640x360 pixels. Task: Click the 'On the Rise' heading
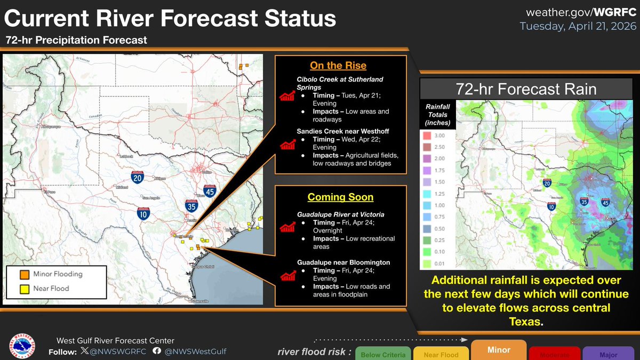click(339, 66)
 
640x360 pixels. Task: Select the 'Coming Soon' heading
click(340, 197)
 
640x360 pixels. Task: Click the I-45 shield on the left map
click(210, 190)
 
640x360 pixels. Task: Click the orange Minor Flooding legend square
click(25, 274)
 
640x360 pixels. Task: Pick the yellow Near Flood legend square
click(25, 289)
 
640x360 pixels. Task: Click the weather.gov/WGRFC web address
click(581, 11)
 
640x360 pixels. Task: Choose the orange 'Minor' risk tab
click(499, 350)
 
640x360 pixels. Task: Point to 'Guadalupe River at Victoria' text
click(340, 214)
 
